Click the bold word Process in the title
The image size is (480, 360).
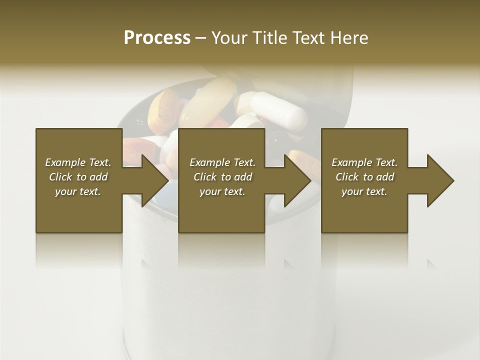[x=157, y=38]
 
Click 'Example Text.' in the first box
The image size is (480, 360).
[x=78, y=162]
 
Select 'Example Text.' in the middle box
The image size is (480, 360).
[x=222, y=162]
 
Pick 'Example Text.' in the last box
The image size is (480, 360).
[x=364, y=162]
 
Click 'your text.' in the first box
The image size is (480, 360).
[x=78, y=191]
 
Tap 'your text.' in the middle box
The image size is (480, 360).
[x=222, y=191]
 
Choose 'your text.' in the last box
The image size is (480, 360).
[x=364, y=191]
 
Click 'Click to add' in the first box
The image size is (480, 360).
[x=78, y=177]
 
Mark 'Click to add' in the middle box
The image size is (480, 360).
[x=222, y=177]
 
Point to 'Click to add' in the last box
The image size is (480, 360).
[x=364, y=177]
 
